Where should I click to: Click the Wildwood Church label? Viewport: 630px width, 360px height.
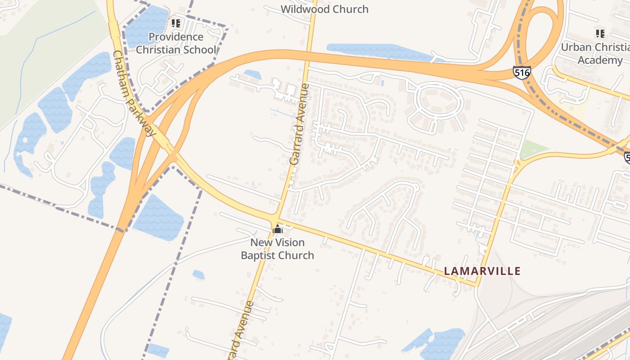324,9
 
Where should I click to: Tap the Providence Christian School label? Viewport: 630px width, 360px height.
176,43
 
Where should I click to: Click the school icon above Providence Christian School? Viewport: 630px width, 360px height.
176,23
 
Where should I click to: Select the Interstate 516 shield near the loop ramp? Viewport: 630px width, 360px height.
522,72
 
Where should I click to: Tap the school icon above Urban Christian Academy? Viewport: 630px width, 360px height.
600,33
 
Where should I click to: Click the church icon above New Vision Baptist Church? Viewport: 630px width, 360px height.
278,229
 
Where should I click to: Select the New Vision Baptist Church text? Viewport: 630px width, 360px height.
277,249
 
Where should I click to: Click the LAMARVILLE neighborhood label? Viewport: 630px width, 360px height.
482,271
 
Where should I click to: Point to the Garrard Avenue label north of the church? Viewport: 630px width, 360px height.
299,124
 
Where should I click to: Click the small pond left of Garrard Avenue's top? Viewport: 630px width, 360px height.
252,74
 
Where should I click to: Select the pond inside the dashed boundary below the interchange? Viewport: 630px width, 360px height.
158,218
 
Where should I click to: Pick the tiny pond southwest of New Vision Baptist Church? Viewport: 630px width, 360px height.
198,274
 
